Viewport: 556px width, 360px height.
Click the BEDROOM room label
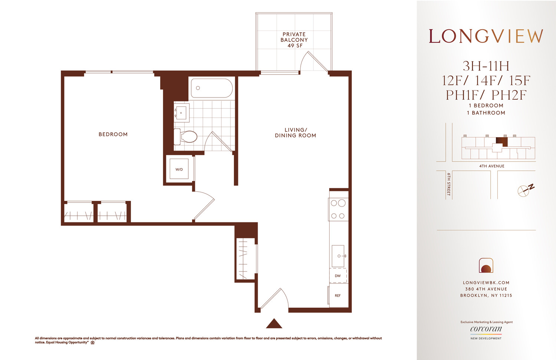click(x=113, y=134)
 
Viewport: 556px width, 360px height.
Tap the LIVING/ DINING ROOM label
click(x=295, y=133)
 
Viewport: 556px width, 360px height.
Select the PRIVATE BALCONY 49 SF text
click(x=294, y=40)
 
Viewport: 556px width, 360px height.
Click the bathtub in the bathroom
click(x=212, y=88)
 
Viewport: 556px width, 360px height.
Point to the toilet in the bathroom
click(x=186, y=136)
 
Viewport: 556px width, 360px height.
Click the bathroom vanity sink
click(x=181, y=113)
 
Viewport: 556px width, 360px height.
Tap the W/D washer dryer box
click(x=179, y=169)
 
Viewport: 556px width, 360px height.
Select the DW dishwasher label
click(x=338, y=276)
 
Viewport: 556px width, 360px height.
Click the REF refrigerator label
click(x=338, y=295)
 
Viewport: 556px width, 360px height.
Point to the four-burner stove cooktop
click(x=338, y=209)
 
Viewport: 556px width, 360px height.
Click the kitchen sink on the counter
click(x=338, y=256)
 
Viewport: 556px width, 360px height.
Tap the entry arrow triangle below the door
click(x=274, y=324)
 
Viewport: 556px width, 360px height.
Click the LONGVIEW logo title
click(x=486, y=36)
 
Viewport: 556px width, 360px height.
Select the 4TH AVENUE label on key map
click(x=492, y=166)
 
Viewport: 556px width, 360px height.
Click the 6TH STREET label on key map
click(x=449, y=184)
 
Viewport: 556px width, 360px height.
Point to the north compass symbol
click(x=525, y=189)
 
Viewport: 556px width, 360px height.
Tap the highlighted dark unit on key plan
click(x=502, y=141)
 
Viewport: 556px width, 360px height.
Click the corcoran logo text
click(x=486, y=329)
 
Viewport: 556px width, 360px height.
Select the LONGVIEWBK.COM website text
click(x=486, y=283)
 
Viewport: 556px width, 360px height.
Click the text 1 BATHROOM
click(x=486, y=113)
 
